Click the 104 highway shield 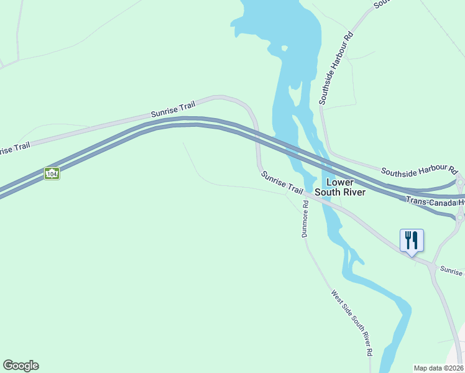(52, 174)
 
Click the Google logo (21, 366)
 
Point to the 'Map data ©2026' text (438, 368)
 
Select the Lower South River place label (339, 187)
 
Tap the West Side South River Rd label (352, 323)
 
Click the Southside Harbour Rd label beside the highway (418, 171)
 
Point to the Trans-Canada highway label (435, 201)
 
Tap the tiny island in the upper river (284, 48)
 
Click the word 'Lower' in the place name (340, 182)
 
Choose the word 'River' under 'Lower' (353, 192)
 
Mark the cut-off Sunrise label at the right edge (452, 271)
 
